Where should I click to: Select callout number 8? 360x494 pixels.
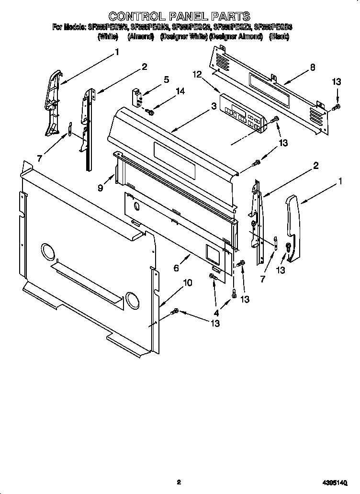click(x=312, y=67)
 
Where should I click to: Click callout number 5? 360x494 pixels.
click(x=166, y=79)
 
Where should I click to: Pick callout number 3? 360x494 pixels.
click(x=213, y=108)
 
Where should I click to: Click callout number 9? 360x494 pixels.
click(x=101, y=188)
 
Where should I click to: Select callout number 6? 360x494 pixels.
click(x=176, y=268)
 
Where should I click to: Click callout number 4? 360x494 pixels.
click(x=216, y=313)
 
